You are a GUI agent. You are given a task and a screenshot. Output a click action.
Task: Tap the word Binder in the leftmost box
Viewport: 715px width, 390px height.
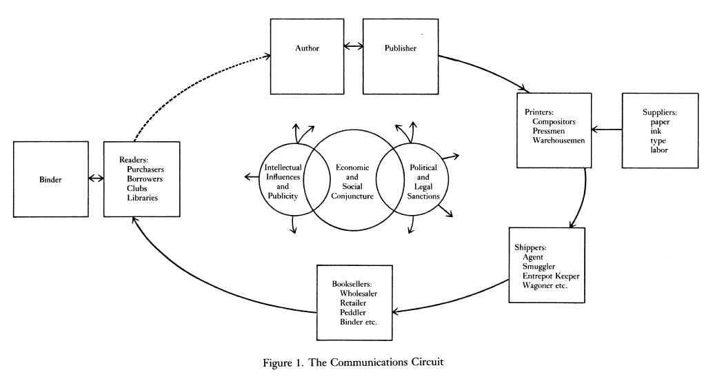pyautogui.click(x=51, y=179)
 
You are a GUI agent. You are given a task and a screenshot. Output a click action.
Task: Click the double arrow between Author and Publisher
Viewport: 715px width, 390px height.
pyautogui.click(x=354, y=48)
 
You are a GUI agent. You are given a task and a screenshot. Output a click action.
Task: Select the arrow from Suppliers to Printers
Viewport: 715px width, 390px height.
pyautogui.click(x=606, y=130)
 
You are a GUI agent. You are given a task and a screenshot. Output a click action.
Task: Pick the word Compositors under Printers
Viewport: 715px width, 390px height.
pyautogui.click(x=554, y=121)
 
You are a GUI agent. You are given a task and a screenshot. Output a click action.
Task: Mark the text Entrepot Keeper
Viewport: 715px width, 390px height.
pyautogui.click(x=551, y=276)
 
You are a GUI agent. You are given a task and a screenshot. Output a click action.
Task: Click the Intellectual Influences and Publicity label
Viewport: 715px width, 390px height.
pyautogui.click(x=281, y=182)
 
